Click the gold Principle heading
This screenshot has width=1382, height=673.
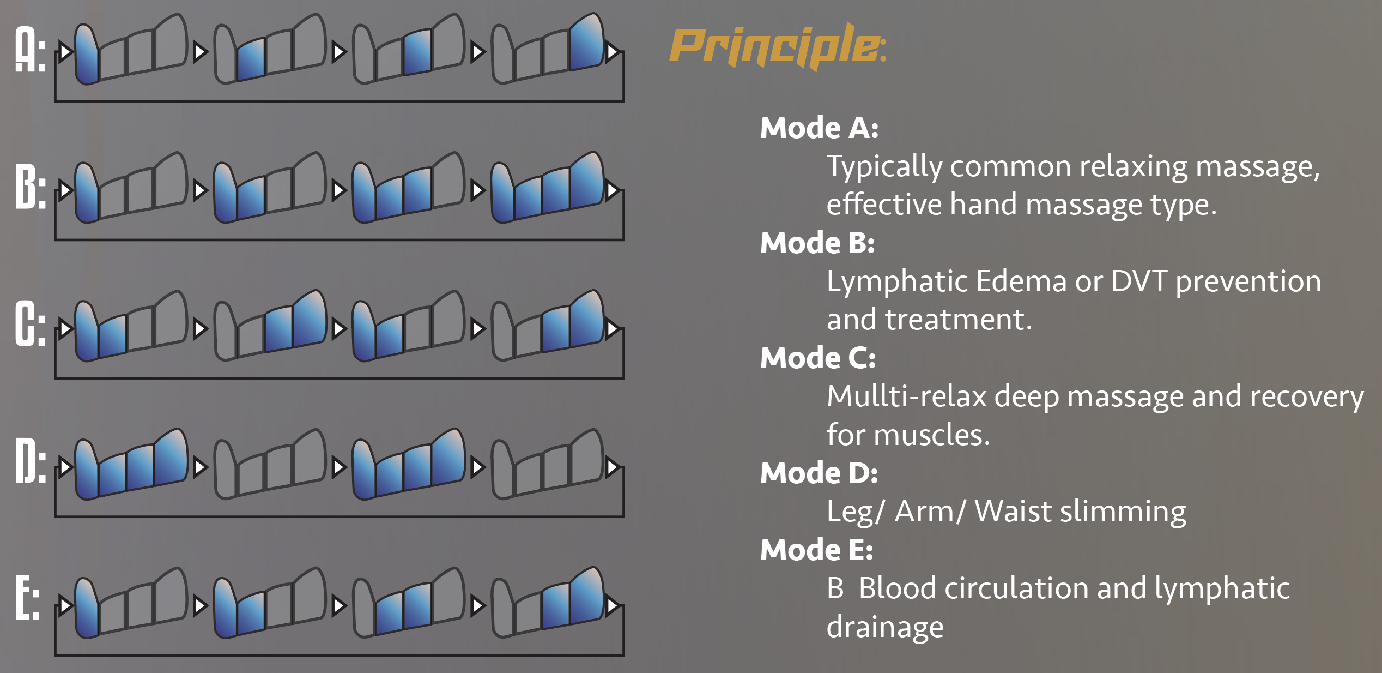click(x=778, y=47)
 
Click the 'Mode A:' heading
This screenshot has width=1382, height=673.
click(x=819, y=128)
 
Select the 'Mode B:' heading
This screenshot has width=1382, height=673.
click(x=817, y=243)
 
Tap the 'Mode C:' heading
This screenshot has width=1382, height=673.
click(x=818, y=358)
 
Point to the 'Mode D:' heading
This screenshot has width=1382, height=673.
click(x=819, y=473)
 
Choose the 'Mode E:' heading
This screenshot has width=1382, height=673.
click(x=816, y=550)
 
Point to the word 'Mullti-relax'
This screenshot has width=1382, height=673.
click(x=907, y=396)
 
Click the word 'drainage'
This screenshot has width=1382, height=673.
click(x=885, y=628)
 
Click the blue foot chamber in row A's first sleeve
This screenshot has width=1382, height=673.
click(x=87, y=55)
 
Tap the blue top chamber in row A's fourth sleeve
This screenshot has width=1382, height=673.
click(x=587, y=42)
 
